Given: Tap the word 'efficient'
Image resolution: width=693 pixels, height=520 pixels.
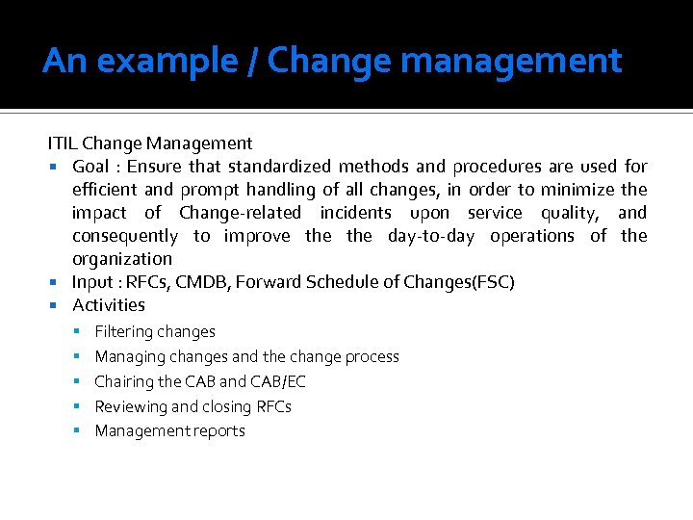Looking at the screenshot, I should click(105, 190).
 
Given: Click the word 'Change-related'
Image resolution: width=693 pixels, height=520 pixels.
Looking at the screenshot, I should click(240, 213).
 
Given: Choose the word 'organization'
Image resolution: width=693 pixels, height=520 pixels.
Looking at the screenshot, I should click(121, 259).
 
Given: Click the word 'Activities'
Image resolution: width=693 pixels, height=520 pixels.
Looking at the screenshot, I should click(108, 305).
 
